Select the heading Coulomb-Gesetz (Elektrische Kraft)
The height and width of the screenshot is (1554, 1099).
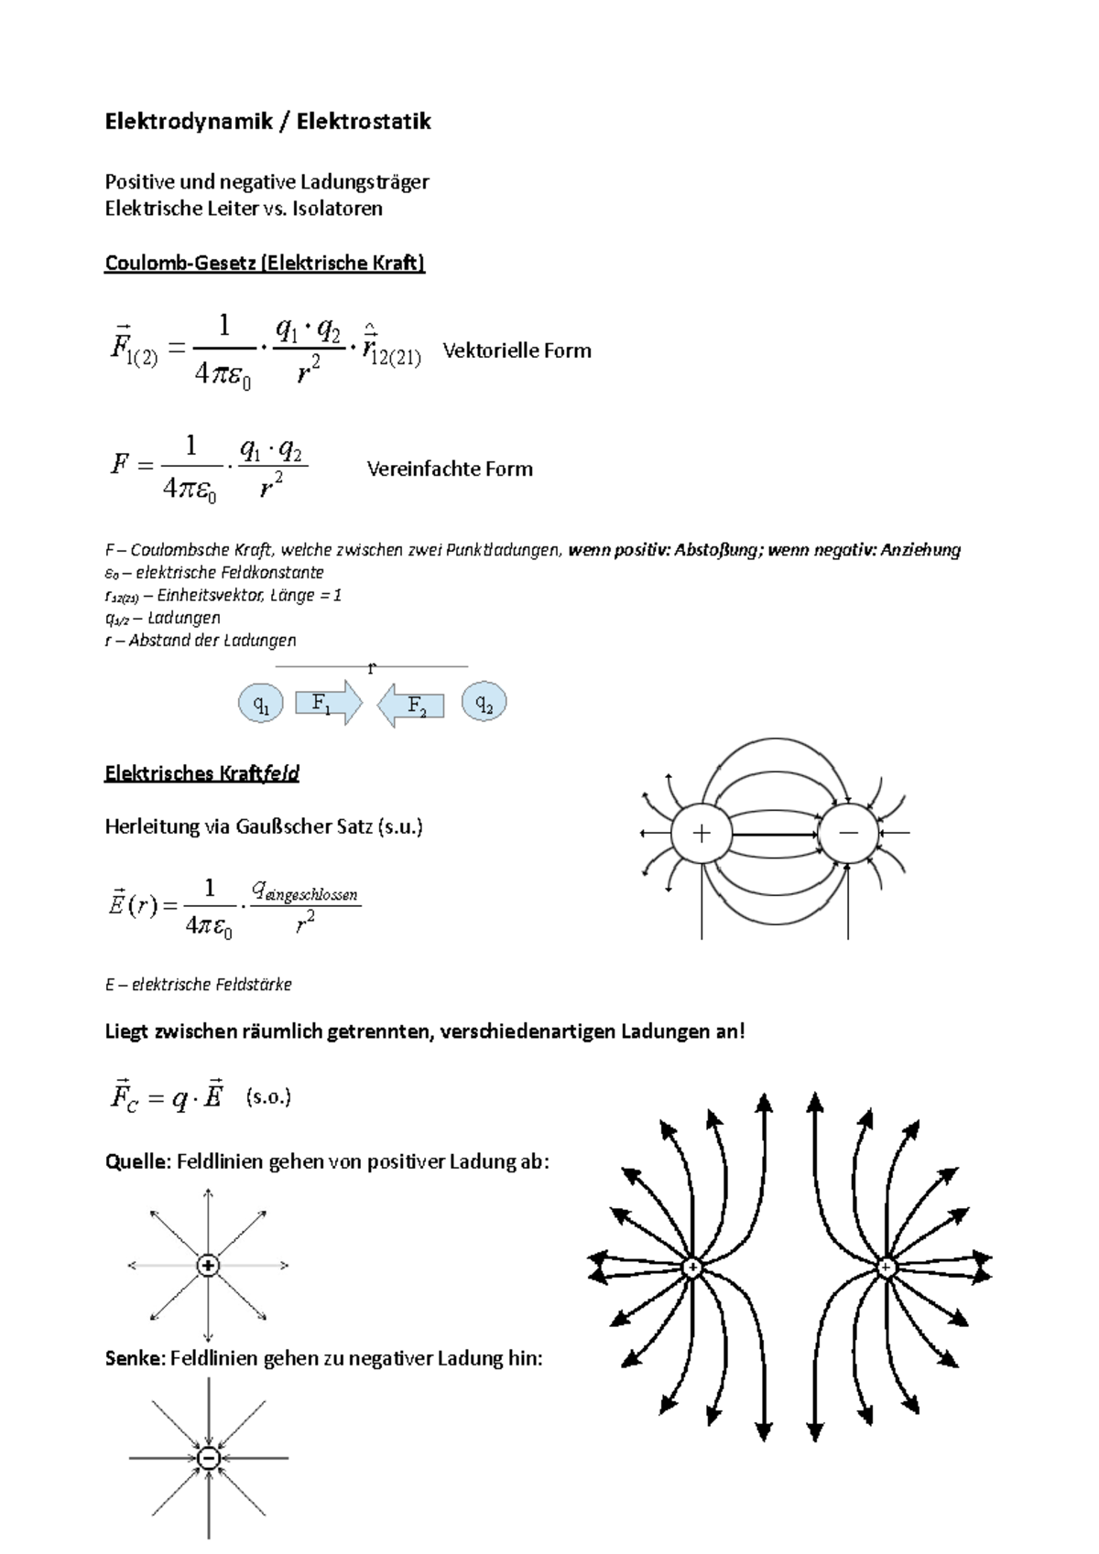[x=265, y=264]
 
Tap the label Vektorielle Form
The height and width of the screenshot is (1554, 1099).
[x=517, y=351]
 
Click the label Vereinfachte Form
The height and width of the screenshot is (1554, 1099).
[x=450, y=469]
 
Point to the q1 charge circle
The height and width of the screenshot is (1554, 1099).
[x=261, y=704]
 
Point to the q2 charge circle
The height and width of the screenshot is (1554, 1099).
[x=484, y=702]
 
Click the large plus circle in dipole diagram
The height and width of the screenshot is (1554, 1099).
[x=702, y=833]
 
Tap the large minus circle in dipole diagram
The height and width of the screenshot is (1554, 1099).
[x=848, y=833]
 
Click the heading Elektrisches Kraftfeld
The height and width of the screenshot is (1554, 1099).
[x=202, y=773]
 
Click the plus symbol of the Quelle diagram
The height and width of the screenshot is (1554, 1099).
[x=209, y=1266]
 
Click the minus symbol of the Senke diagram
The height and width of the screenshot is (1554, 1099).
[x=209, y=1458]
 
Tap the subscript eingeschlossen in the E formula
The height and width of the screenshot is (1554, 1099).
[x=310, y=894]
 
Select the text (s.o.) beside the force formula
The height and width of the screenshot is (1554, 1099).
[x=268, y=1096]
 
